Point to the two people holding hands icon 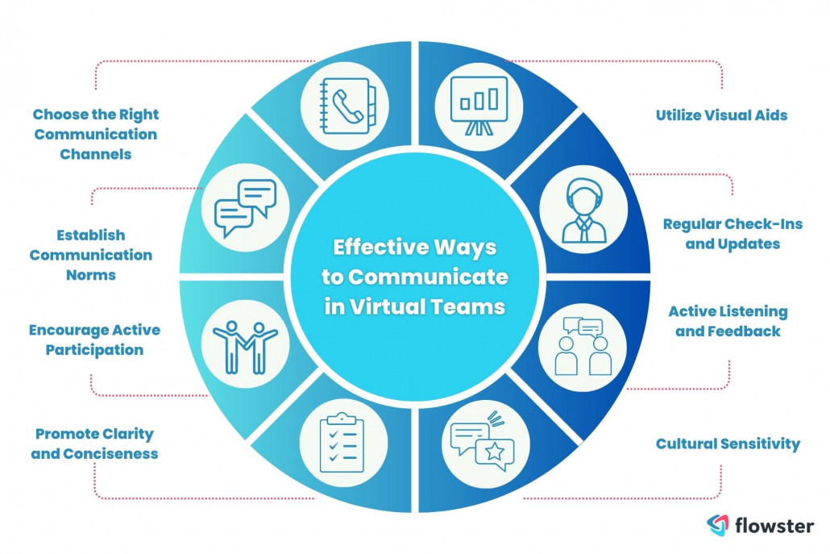(245, 344)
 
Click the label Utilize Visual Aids (720, 115)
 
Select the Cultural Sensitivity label (727, 444)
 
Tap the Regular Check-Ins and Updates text (732, 233)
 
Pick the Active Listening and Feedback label (727, 320)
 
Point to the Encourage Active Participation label (94, 340)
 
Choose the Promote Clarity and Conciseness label (94, 444)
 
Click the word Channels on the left (95, 153)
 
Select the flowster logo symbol (717, 526)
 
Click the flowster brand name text (774, 526)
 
